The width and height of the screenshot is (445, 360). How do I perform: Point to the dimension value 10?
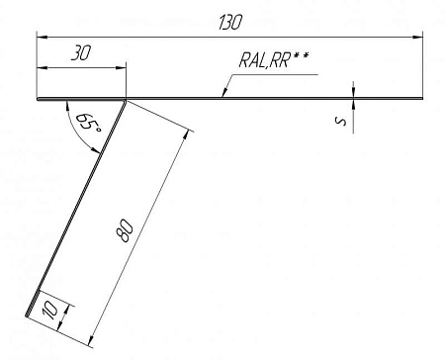(x=51, y=312)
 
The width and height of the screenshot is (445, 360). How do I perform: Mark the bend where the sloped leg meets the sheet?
(x=126, y=99)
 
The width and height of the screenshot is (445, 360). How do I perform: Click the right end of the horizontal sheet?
(x=424, y=98)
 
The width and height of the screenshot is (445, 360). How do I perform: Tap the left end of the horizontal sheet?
(x=37, y=98)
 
